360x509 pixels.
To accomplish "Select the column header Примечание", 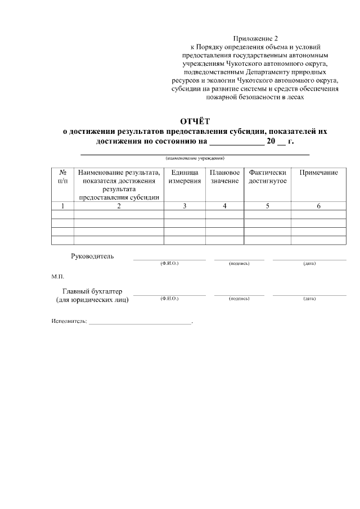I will pos(318,173).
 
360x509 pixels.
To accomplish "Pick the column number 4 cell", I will pos(224,206).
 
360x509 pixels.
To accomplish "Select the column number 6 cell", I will pos(318,206).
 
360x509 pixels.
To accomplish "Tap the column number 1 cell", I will pos(62,206).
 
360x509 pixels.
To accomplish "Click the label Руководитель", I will pos(92,256).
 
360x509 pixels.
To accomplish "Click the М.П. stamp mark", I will pos(58,277).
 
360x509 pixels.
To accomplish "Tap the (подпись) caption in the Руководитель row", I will pos(239,263).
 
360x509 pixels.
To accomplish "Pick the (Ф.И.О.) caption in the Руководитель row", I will pos(169,263).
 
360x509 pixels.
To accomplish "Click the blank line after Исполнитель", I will pos(140,323).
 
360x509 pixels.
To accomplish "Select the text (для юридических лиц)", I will pos(92,300).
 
